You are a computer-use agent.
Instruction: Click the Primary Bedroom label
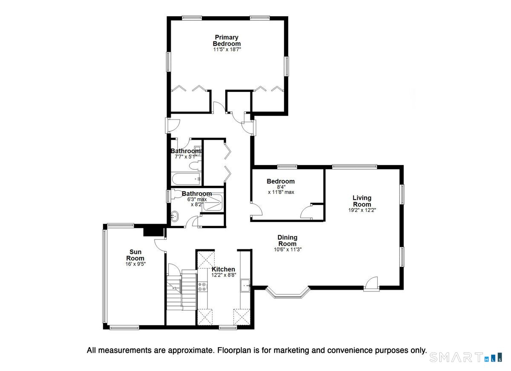(227, 40)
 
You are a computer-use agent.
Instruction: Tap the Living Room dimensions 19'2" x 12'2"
(362, 210)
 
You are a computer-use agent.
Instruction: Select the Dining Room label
(287, 240)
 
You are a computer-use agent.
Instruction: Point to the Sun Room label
(135, 255)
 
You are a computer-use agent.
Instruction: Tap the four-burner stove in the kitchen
(202, 286)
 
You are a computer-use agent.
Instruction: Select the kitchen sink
(245, 285)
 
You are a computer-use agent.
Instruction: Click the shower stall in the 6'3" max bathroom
(212, 203)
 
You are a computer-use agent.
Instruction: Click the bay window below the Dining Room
(287, 294)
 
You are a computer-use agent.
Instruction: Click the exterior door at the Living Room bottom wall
(371, 284)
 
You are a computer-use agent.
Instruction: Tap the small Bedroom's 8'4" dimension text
(281, 187)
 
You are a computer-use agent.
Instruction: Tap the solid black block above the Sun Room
(153, 230)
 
